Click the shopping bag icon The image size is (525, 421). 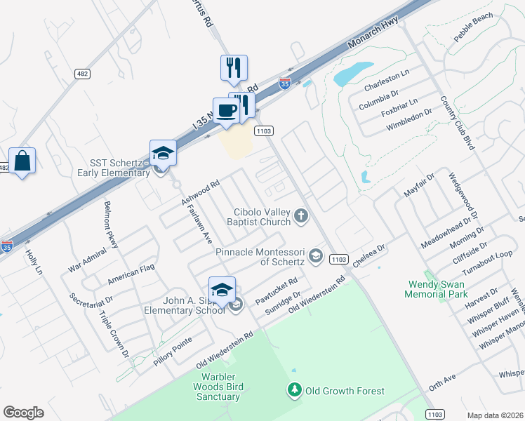pos(22,161)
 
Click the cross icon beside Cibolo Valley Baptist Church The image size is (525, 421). pos(301,215)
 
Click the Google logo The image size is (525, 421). pos(23,413)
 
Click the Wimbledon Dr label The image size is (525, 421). pos(408,126)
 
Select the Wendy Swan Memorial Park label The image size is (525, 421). pos(436,289)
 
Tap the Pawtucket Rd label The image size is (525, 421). pos(277,287)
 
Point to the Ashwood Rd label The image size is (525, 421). pos(201,191)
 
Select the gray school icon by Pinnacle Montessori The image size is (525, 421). pos(315,256)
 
